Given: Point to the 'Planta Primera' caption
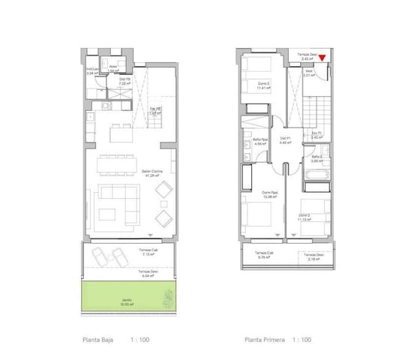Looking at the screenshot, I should (263, 340).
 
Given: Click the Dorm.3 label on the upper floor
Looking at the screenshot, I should (263, 85).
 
